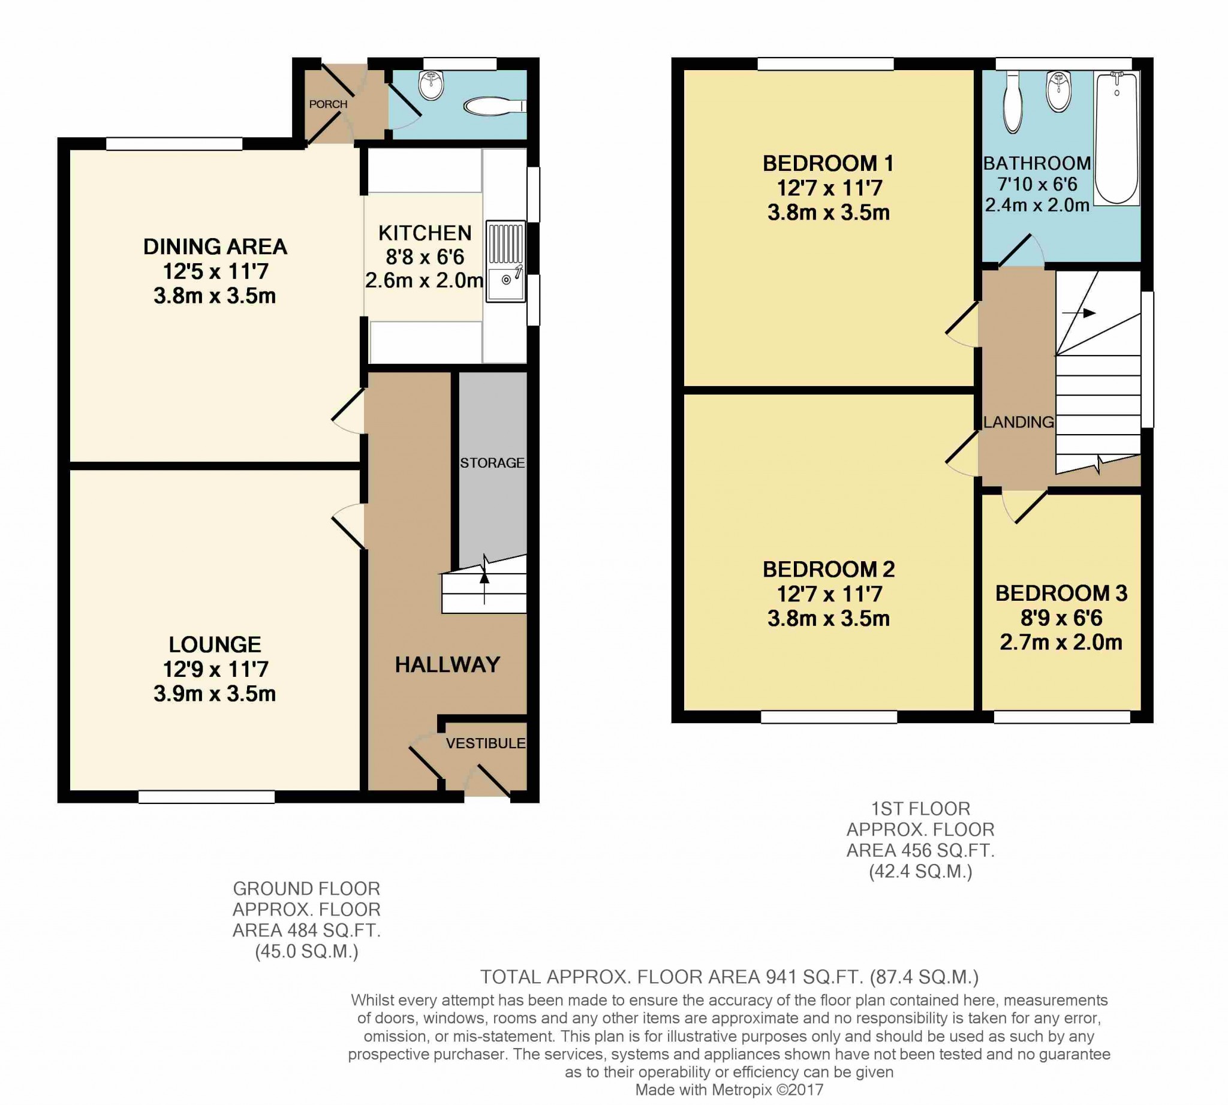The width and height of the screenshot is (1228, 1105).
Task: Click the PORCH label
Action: pos(328,104)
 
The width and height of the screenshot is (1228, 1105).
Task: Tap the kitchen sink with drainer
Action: pos(505,261)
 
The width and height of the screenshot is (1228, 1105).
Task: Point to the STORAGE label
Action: pos(492,463)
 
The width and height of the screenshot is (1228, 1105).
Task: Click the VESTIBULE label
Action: pos(485,743)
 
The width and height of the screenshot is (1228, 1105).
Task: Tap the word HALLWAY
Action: pos(447,665)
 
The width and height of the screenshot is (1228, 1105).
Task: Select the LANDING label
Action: pos(1019,422)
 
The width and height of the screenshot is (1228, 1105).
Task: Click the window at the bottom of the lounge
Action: pos(206,797)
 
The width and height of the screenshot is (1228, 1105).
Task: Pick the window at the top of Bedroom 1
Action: pos(825,63)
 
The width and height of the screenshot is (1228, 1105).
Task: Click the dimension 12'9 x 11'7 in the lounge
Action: pos(215,669)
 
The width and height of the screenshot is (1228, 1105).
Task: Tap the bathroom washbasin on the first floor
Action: pos(1058,94)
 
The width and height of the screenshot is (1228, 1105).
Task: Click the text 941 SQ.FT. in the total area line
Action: pos(814,977)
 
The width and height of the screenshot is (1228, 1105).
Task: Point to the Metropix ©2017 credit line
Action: pos(729,1090)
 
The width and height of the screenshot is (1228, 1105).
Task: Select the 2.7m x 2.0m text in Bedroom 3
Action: pos(1061,642)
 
